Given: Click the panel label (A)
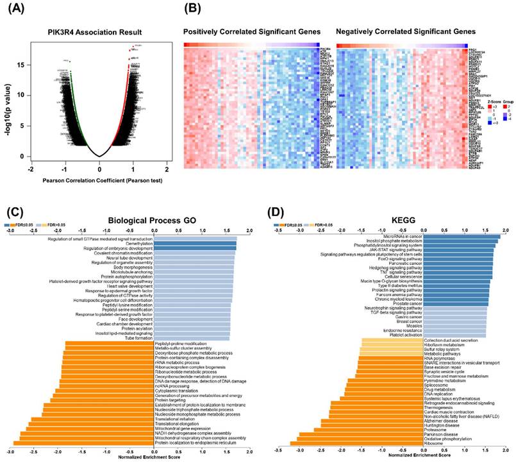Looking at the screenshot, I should click(x=13, y=10).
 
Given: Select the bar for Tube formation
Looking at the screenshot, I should click(x=191, y=339).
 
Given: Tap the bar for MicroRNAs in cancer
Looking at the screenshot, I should click(x=463, y=237).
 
